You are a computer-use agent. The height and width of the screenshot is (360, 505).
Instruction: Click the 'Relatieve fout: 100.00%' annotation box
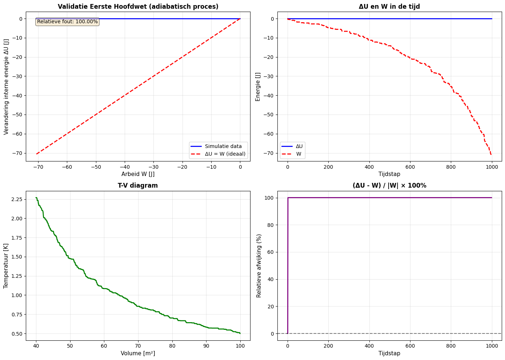point(67,22)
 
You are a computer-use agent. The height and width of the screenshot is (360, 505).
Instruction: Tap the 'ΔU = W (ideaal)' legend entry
point(225,154)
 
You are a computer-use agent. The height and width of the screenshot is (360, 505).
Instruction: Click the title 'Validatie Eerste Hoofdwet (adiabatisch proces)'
point(138,7)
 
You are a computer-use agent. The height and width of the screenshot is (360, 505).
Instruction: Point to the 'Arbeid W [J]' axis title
point(138,174)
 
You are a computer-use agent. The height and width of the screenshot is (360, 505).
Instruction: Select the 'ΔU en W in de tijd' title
point(389,7)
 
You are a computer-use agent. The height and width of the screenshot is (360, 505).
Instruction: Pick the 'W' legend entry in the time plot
point(298,154)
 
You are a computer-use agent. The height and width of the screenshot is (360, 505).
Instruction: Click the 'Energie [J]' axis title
point(258,86)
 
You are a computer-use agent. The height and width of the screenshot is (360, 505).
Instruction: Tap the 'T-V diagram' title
point(138,185)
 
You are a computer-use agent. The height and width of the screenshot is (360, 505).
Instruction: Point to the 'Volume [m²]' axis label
point(138,353)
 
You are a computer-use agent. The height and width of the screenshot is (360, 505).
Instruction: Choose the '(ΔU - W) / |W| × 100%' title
point(389,185)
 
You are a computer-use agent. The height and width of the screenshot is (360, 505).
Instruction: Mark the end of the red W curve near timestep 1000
point(491,155)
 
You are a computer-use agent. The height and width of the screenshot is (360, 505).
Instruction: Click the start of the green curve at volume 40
point(36,198)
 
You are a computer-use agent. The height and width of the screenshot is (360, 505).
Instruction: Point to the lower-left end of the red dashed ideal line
point(36,154)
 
